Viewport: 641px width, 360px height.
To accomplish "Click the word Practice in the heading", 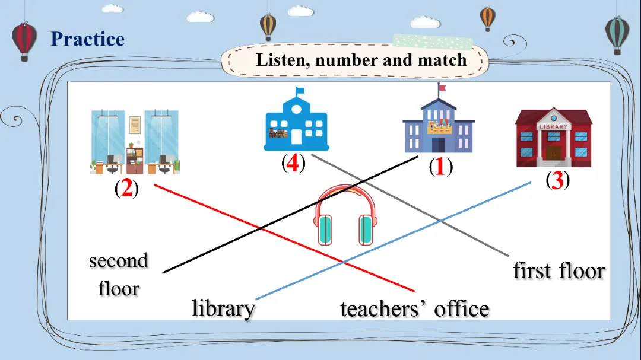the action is tap(87, 39).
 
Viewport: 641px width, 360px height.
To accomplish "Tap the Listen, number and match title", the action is tap(361, 60).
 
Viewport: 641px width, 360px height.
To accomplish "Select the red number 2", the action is tap(126, 190).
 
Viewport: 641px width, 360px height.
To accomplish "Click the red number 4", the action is tap(293, 163).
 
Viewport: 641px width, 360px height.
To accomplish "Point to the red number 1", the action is tap(440, 168).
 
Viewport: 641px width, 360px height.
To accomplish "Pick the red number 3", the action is tap(557, 180).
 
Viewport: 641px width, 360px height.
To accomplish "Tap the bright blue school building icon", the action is tap(296, 121).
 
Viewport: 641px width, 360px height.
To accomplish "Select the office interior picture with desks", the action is tap(135, 142).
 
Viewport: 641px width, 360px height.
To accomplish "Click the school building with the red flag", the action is tap(439, 122).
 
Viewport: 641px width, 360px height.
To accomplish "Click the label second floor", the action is tap(119, 275).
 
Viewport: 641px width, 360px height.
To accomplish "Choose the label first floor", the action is tap(559, 271).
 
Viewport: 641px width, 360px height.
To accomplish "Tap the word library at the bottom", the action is tap(224, 308).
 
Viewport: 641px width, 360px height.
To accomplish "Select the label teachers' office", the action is tap(415, 309).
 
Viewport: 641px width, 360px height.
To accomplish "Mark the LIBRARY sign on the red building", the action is tap(553, 126).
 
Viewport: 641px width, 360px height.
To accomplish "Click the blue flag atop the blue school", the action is tap(300, 91).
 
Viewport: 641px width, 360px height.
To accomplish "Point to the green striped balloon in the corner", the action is tap(617, 34).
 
